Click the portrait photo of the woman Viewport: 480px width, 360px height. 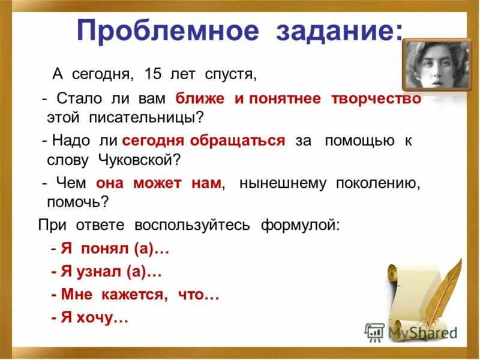pyautogui.click(x=435, y=65)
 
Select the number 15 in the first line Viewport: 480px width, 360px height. pyautogui.click(x=153, y=74)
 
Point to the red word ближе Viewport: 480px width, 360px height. pyautogui.click(x=200, y=99)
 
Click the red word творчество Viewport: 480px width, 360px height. pyautogui.click(x=376, y=99)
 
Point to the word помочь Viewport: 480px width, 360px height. pyautogui.click(x=77, y=202)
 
